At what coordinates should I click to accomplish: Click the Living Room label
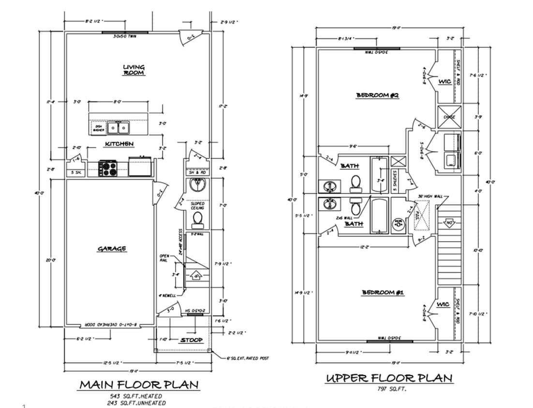tap(133, 70)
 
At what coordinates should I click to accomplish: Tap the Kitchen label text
tap(119, 144)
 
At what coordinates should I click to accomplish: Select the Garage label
tap(112, 248)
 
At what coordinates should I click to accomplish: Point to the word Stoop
tap(191, 340)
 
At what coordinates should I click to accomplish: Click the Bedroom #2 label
tap(377, 95)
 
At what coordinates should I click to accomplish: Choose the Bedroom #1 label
tap(383, 292)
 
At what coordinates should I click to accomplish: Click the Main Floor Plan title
tap(138, 385)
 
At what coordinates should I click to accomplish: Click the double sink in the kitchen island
tap(118, 128)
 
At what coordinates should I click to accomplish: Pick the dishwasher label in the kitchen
tap(99, 128)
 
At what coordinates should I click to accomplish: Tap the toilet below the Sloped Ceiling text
tap(197, 220)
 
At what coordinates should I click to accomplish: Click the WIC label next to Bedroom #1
tap(443, 305)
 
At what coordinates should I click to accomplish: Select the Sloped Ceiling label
tap(197, 206)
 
